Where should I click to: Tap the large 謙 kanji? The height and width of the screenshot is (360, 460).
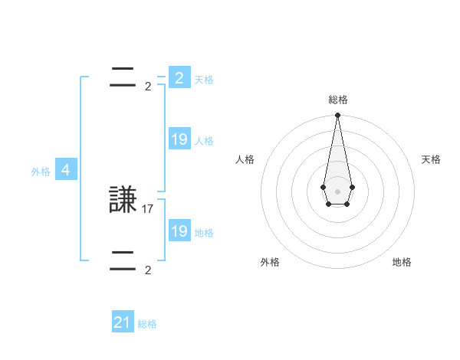tap(123, 201)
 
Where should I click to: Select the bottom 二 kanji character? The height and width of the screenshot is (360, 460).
tap(123, 260)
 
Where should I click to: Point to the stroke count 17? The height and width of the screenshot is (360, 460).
tap(148, 208)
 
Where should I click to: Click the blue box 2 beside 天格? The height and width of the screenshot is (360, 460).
tap(179, 78)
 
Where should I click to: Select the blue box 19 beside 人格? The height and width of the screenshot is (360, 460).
tap(179, 139)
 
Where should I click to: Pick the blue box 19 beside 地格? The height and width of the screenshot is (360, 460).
tap(179, 231)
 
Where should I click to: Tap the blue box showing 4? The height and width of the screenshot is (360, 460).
tap(66, 170)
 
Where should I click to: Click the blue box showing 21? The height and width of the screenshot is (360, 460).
tap(122, 322)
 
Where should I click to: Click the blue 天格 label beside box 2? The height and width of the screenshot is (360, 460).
tap(204, 80)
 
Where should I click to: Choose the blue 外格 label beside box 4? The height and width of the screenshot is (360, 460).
tap(41, 172)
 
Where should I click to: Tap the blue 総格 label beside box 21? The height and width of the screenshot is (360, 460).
tap(147, 325)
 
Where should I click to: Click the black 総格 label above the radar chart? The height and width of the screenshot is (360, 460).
tap(338, 100)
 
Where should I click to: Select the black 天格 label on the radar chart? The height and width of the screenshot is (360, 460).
tap(432, 159)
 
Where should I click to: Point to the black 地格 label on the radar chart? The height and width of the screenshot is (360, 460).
tap(402, 262)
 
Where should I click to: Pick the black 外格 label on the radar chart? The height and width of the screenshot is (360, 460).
tap(270, 262)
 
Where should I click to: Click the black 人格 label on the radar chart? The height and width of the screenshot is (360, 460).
tap(245, 159)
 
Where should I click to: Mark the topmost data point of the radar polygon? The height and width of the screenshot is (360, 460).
tap(337, 116)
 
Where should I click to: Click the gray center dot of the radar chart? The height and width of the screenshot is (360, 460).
tap(337, 191)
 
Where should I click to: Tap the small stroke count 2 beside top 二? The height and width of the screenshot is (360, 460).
tap(148, 87)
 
